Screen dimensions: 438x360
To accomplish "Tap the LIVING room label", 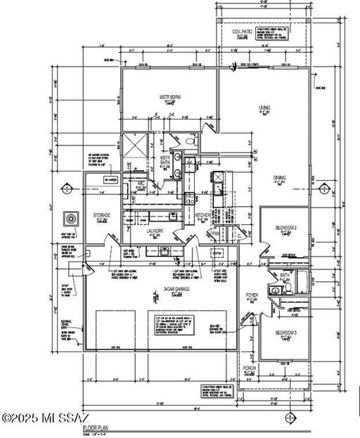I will [x=264, y=107].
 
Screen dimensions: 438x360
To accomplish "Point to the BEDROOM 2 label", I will [x=285, y=228].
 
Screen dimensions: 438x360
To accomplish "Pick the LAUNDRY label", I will [x=155, y=231].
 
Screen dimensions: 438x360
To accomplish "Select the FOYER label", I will [x=252, y=295].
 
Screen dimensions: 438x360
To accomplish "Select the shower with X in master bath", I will [x=133, y=145].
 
